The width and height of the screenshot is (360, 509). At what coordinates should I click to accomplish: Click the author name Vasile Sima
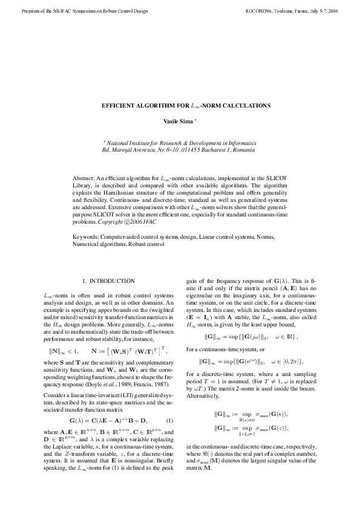178,122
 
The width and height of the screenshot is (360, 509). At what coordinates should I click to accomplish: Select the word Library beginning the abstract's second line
82,186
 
